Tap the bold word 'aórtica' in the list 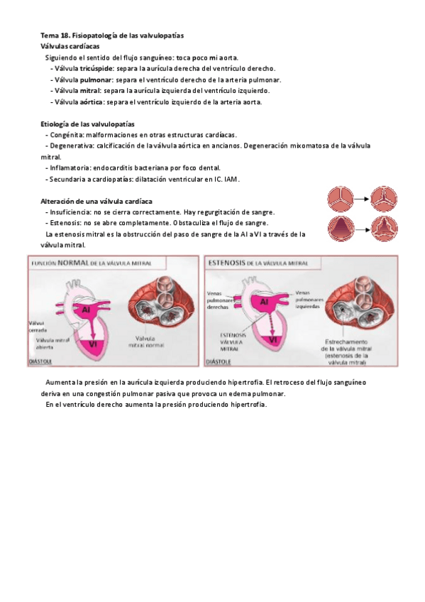[x=93, y=102]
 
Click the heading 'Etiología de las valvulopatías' [x=87, y=124]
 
